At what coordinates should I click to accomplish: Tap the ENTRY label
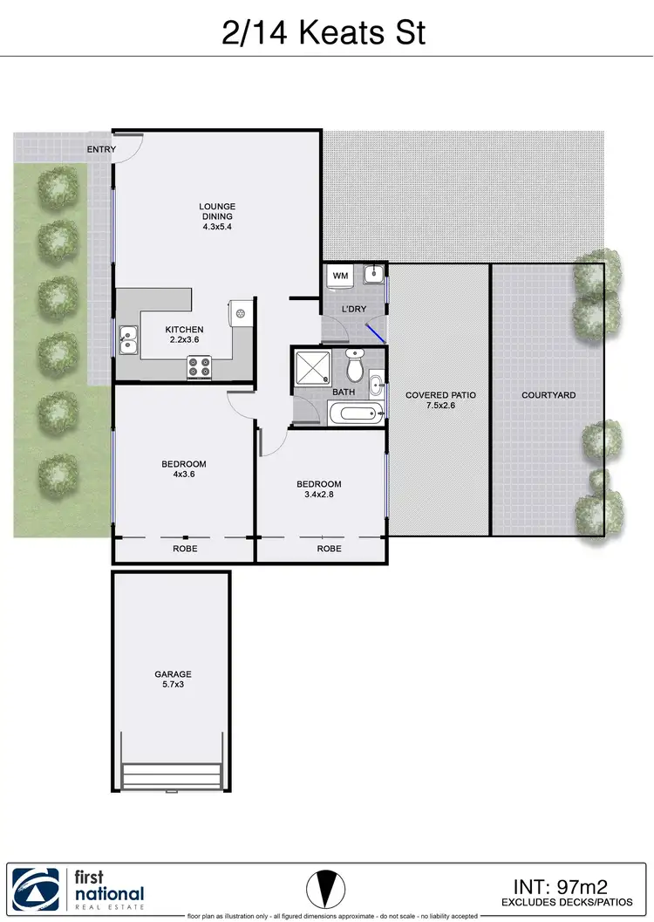[x=101, y=149]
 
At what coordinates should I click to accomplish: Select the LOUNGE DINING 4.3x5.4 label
[x=216, y=216]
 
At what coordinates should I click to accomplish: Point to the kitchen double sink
[x=128, y=340]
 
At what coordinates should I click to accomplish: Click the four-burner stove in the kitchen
[x=199, y=368]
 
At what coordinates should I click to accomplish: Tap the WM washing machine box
[x=339, y=277]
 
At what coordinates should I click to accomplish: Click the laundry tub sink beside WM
[x=373, y=274]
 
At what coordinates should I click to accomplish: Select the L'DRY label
[x=353, y=310]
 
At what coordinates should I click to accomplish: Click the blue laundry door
[x=376, y=333]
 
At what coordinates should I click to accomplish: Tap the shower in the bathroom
[x=311, y=367]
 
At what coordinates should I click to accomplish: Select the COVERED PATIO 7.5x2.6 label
[x=440, y=401]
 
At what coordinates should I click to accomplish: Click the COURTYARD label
[x=548, y=395]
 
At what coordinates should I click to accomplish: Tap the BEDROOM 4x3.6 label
[x=184, y=470]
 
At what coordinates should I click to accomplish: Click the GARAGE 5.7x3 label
[x=173, y=680]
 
